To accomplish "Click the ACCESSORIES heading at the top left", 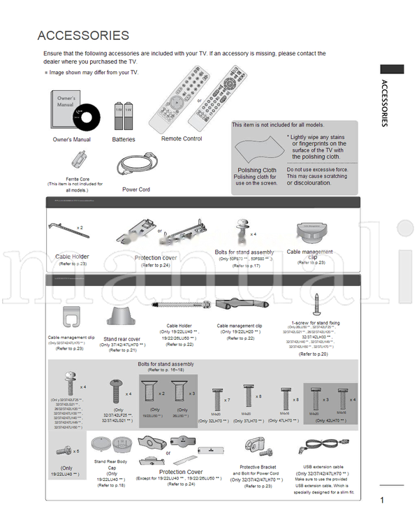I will (x=83, y=36).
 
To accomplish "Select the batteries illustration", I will (x=124, y=115).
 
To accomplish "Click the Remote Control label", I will (x=182, y=139).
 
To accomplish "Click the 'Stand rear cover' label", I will (x=122, y=338).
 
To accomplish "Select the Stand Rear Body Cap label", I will (x=111, y=462).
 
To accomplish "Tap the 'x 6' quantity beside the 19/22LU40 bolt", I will (x=75, y=451).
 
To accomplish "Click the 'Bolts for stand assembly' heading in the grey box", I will (x=166, y=364).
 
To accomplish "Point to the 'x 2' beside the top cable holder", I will (x=79, y=228).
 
